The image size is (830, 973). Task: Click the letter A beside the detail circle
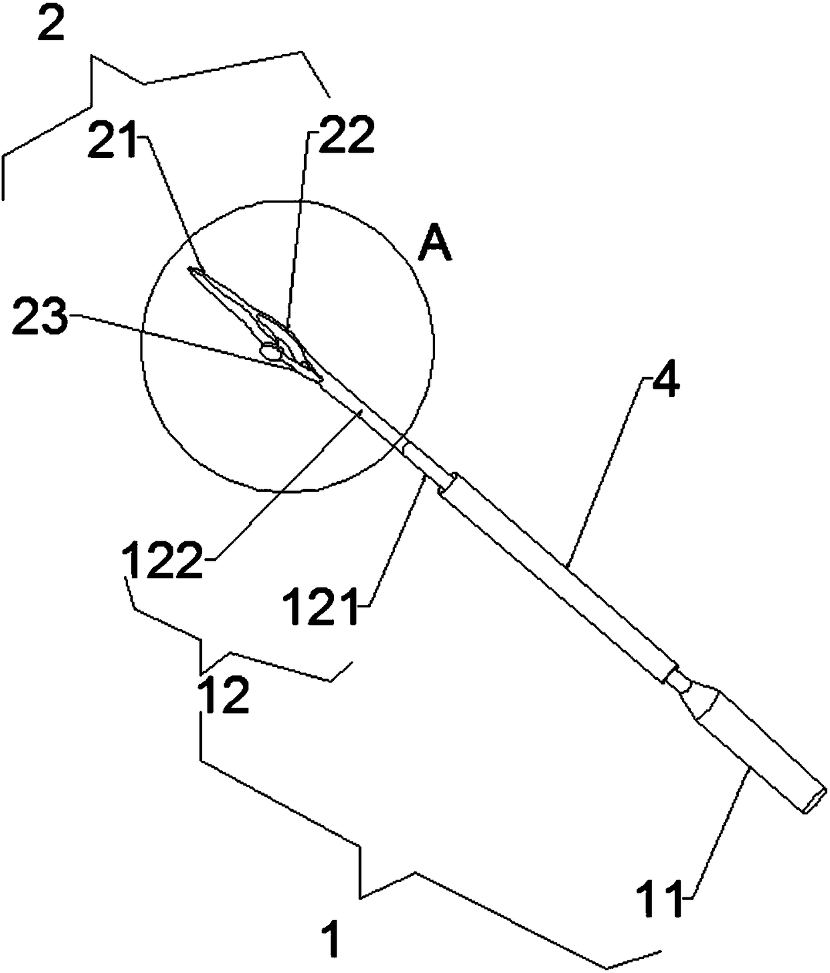tap(435, 246)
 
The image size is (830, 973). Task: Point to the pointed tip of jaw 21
tap(191, 270)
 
